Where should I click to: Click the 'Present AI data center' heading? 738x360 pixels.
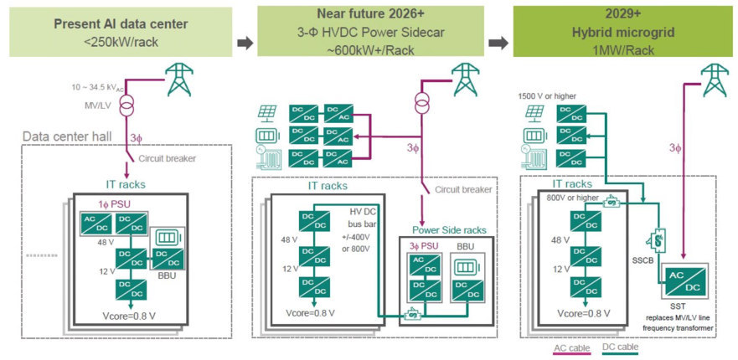coord(121,24)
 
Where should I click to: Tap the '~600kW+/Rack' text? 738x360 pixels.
coord(370,50)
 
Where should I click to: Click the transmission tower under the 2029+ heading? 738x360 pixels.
coord(713,80)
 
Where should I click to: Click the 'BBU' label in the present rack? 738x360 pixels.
coord(167,275)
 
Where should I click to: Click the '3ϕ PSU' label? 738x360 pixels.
coord(421,245)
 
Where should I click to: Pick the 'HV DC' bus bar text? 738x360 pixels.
coord(360,213)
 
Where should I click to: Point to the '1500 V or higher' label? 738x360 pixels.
coord(547,96)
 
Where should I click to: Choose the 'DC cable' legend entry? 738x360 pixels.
coord(622,348)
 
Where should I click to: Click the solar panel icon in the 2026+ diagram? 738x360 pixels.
coord(267,113)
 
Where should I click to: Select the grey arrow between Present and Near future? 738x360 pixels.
coord(245,44)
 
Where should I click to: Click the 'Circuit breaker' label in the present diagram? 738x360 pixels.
coord(167,158)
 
